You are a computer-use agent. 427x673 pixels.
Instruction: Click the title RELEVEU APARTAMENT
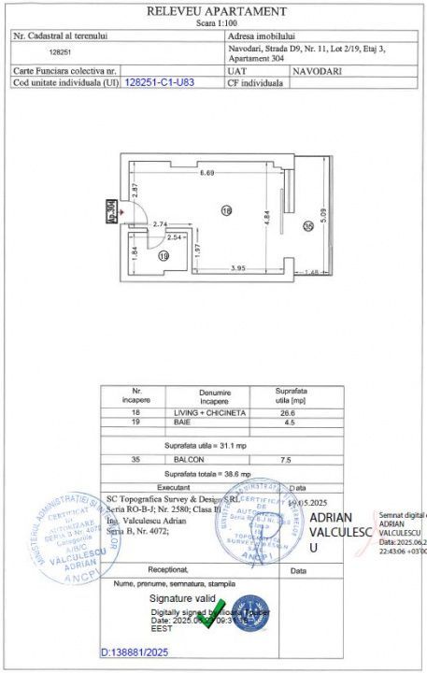coord(216,11)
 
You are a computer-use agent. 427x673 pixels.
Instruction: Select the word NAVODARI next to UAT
coord(317,71)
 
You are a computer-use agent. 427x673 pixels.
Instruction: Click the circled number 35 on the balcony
coord(307,224)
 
